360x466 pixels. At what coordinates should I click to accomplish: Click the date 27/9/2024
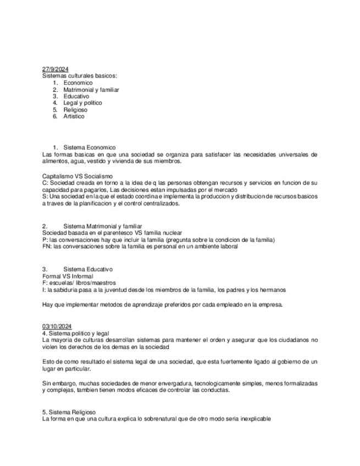tap(56, 69)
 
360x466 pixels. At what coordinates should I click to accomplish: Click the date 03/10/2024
tap(57, 326)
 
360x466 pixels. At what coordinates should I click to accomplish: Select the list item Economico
tap(78, 83)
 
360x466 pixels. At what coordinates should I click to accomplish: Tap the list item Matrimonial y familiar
tap(91, 90)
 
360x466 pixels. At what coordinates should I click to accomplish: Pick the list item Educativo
tap(76, 96)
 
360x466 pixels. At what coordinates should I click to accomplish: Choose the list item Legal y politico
tap(82, 103)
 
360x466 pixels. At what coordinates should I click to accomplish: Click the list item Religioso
tap(75, 109)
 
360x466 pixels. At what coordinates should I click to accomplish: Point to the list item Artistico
tap(74, 116)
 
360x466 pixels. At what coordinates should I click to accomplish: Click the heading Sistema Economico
tap(90, 147)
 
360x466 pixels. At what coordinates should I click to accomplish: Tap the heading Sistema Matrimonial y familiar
tap(103, 226)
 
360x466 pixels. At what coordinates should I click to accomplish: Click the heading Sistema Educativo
tap(88, 269)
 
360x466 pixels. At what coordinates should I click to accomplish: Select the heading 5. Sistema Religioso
tap(69, 412)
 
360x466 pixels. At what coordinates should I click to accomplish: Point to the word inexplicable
tap(253, 419)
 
